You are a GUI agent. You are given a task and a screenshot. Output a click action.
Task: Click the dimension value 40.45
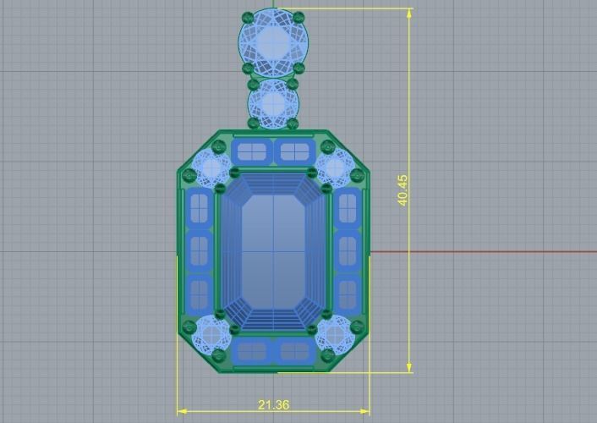[403, 190]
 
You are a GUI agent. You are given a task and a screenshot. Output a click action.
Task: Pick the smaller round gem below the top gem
[273, 102]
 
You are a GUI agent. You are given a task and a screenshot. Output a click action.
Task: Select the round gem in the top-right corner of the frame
[336, 168]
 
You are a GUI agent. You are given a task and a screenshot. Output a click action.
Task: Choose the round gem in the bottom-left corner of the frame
[209, 334]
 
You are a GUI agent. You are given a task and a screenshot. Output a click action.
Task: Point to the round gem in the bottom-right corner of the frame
[336, 334]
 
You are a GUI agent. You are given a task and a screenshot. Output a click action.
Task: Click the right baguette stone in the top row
[293, 152]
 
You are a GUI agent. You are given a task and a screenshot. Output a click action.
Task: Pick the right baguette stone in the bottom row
[293, 351]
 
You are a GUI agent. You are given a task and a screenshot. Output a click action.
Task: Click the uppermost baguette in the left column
[199, 207]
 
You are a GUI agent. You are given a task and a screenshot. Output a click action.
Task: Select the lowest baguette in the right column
[348, 294]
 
